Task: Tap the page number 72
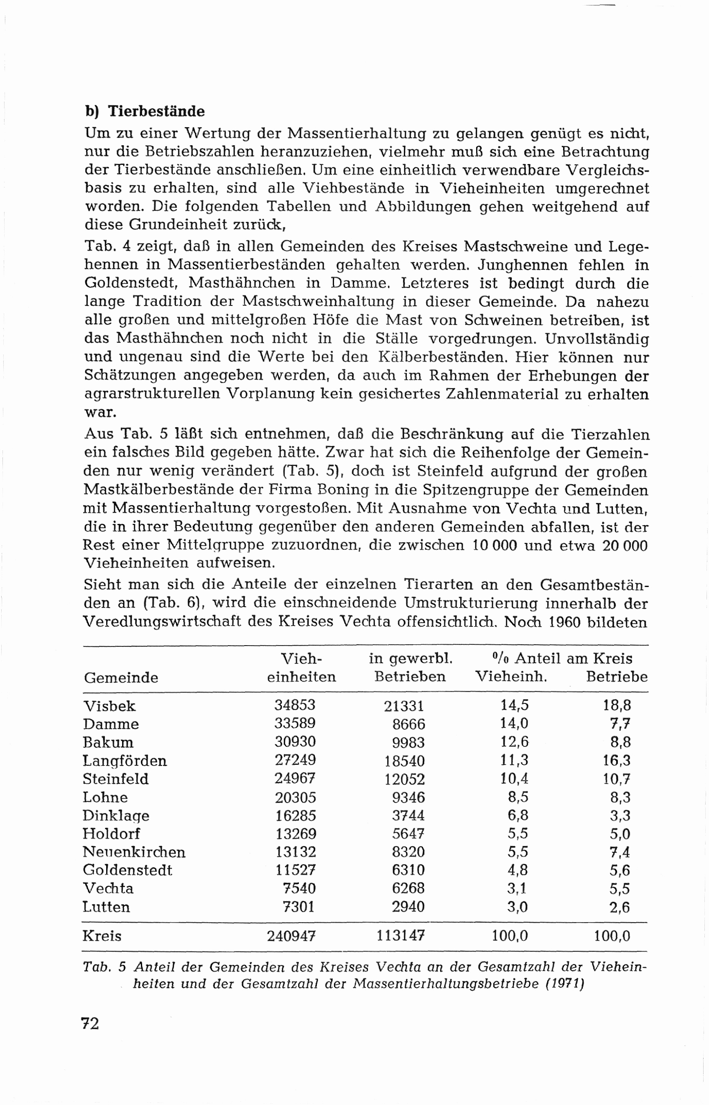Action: [90, 1023]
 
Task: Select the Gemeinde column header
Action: [121, 677]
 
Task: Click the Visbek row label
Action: [110, 706]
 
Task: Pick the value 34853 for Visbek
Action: [295, 705]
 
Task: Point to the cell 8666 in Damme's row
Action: [408, 724]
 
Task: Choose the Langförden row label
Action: [125, 760]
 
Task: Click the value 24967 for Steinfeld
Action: [295, 778]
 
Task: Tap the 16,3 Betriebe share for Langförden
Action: [617, 760]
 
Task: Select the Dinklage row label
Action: [116, 815]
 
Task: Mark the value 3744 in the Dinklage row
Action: [408, 815]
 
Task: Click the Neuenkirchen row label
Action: [134, 851]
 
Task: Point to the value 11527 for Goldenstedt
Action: [295, 870]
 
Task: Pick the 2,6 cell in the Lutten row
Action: [620, 907]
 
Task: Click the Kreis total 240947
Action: [291, 936]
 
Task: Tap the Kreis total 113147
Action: [400, 936]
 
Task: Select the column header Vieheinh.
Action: [511, 677]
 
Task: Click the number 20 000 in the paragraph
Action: [624, 545]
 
